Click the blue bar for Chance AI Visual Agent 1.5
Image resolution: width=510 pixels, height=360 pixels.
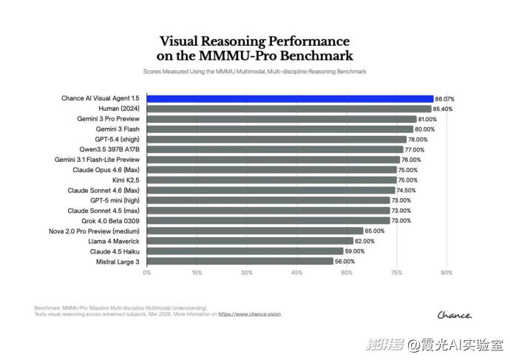coord(290,98)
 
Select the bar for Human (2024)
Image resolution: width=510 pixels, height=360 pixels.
coord(289,109)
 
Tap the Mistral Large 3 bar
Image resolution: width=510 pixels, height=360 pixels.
coord(240,261)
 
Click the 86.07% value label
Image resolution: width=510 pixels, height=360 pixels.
coord(444,98)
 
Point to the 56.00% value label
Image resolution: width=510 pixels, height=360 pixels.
coord(344,261)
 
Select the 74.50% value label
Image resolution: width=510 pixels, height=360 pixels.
coord(407,190)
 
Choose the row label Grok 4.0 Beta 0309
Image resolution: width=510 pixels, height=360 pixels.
coord(108,220)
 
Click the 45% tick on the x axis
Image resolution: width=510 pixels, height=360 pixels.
coord(296,274)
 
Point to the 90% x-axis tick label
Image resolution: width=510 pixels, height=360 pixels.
coord(446,274)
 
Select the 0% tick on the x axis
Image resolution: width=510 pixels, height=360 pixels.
coord(147,274)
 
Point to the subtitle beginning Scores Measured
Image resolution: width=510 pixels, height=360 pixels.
coord(254,72)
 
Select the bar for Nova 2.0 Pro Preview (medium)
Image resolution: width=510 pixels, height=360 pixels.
coord(255,231)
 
